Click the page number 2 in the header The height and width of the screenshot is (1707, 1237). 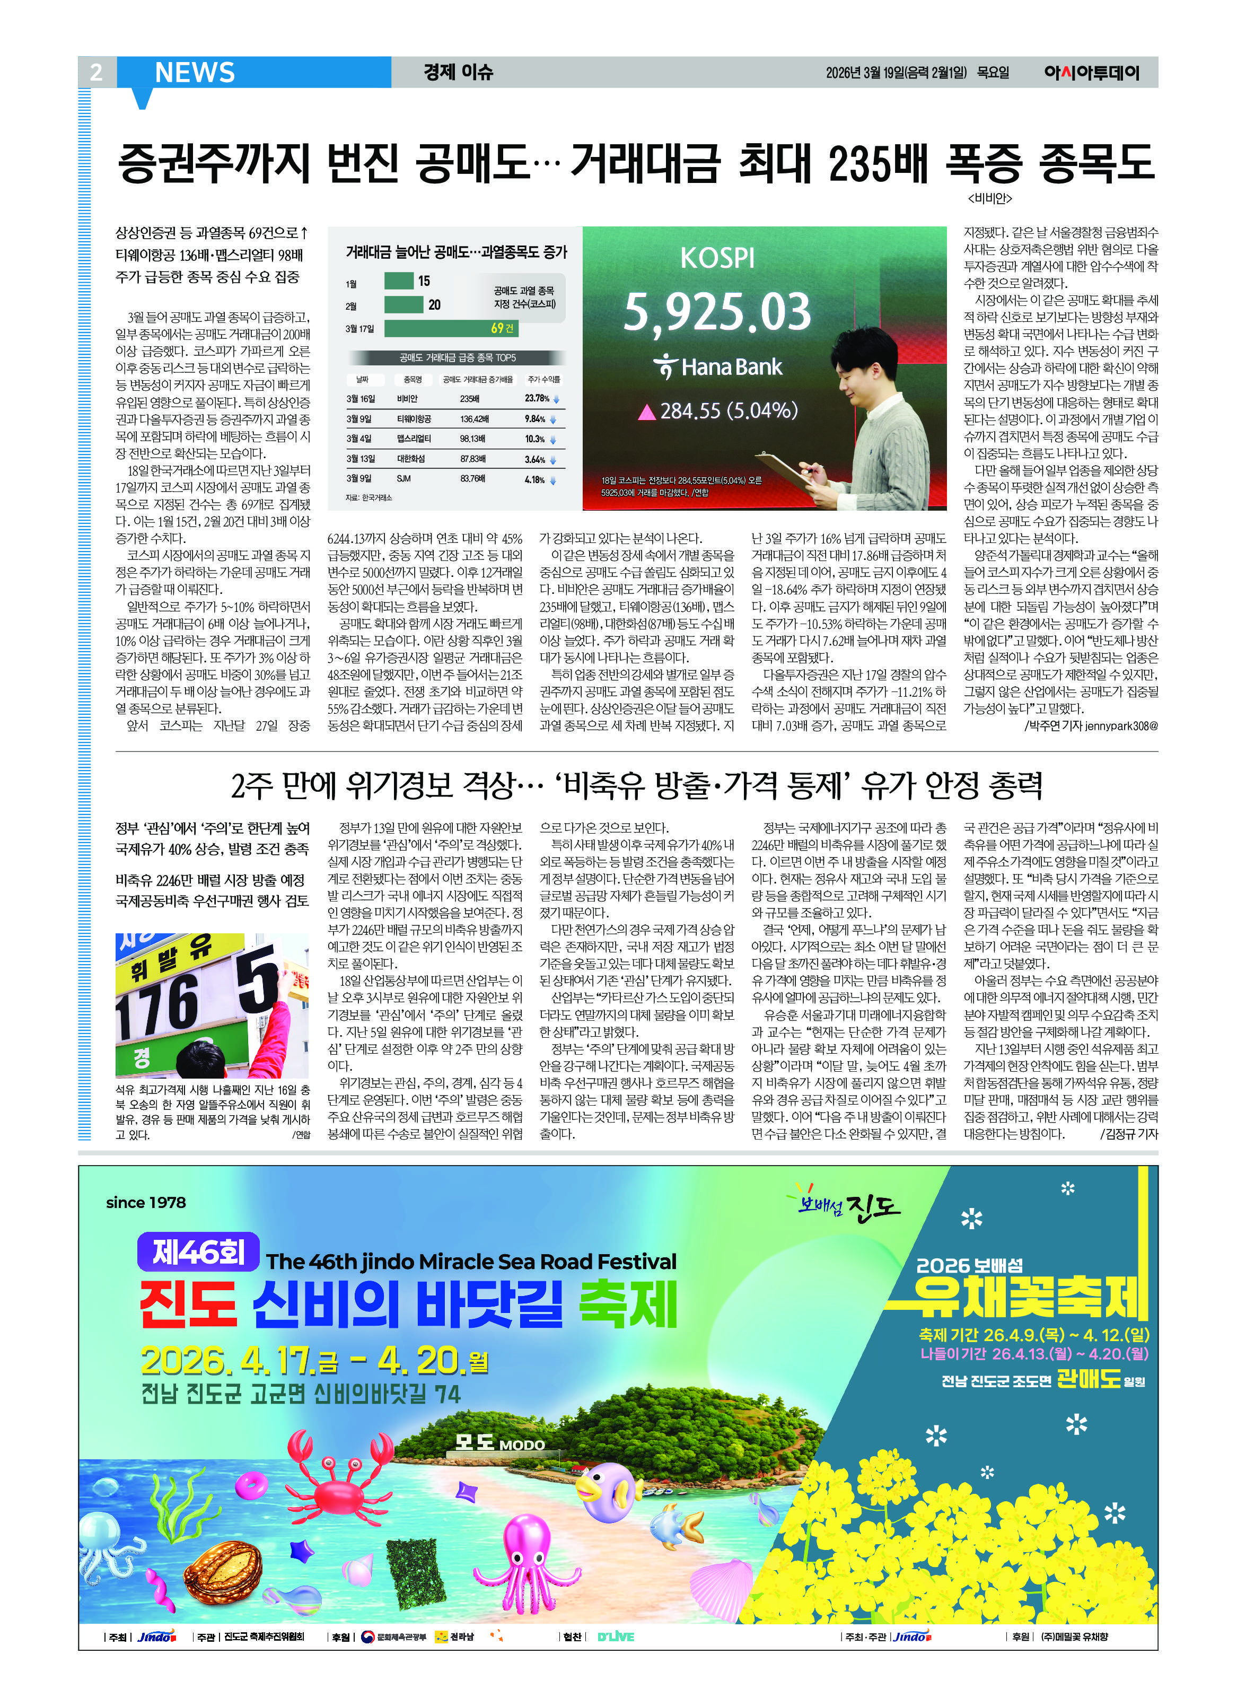pyautogui.click(x=95, y=72)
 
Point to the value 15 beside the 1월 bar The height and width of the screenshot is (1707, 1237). pyautogui.click(x=424, y=281)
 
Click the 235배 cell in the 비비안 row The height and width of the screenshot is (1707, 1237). pyautogui.click(x=470, y=399)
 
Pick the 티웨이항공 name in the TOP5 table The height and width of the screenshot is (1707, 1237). pyautogui.click(x=414, y=419)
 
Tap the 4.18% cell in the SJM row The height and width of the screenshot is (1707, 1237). pyautogui.click(x=535, y=479)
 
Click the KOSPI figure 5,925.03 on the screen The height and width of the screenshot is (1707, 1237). pyautogui.click(x=717, y=312)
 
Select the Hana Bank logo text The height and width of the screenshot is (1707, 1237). pyautogui.click(x=718, y=367)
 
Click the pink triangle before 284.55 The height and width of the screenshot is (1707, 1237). pyautogui.click(x=646, y=412)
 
